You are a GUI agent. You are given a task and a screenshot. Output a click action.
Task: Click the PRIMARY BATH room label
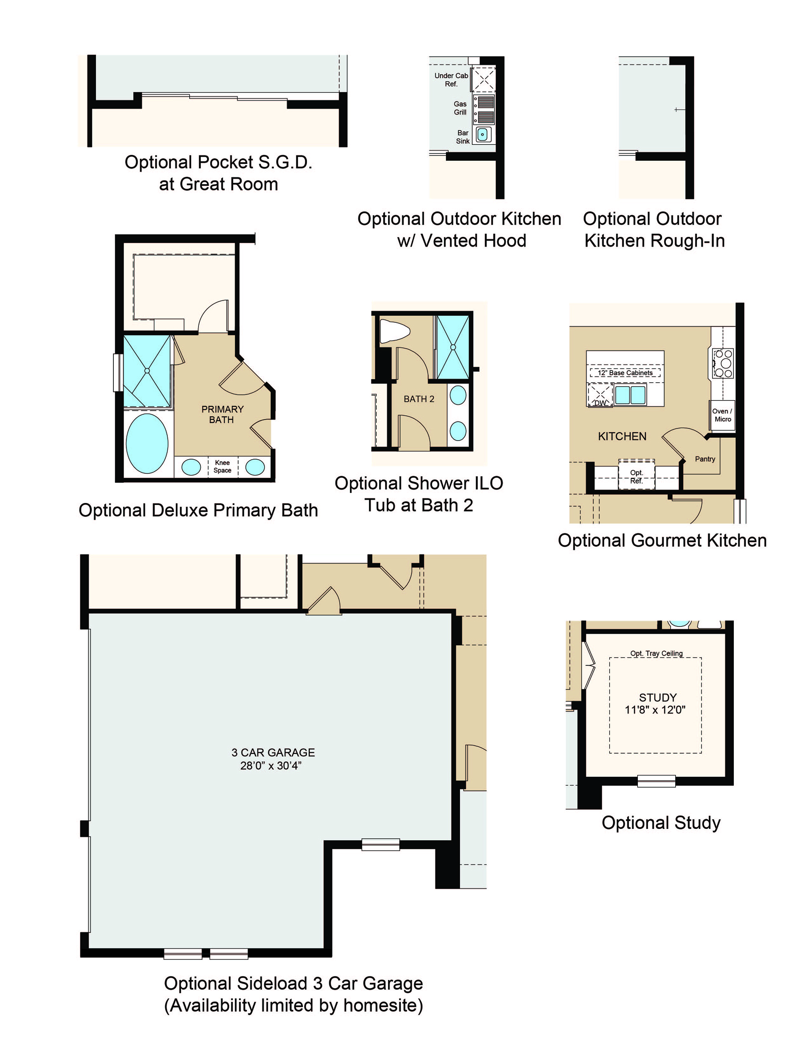click(222, 414)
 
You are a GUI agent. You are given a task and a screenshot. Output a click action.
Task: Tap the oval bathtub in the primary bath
click(147, 443)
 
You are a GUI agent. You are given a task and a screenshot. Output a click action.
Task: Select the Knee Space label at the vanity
click(222, 466)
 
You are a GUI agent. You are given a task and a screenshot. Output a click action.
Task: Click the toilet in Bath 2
click(394, 331)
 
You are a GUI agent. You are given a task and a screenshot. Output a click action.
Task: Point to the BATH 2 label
click(419, 399)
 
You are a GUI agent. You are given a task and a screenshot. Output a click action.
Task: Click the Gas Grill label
click(460, 108)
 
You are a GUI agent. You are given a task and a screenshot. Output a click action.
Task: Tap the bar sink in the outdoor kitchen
click(483, 134)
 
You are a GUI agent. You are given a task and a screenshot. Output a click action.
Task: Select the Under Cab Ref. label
click(451, 80)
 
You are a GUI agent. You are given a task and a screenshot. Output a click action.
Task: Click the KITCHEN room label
click(622, 436)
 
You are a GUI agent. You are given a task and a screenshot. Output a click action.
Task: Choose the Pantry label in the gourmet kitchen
click(705, 459)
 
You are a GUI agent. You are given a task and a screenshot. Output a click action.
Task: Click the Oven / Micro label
click(722, 415)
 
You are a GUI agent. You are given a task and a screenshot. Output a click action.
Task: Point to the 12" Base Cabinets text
click(625, 373)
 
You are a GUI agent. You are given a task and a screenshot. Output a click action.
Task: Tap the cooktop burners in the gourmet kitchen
click(723, 363)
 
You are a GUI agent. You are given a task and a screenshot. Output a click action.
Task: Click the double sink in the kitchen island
click(631, 395)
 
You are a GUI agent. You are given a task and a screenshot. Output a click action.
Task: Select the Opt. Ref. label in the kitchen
click(636, 477)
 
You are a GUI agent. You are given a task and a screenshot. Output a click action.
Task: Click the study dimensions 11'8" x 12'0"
click(655, 710)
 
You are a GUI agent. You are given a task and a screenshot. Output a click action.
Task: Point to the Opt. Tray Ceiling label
click(656, 653)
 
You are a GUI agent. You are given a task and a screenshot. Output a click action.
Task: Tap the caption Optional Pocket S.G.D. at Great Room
click(218, 173)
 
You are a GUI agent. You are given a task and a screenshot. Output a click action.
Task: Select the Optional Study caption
click(661, 822)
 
